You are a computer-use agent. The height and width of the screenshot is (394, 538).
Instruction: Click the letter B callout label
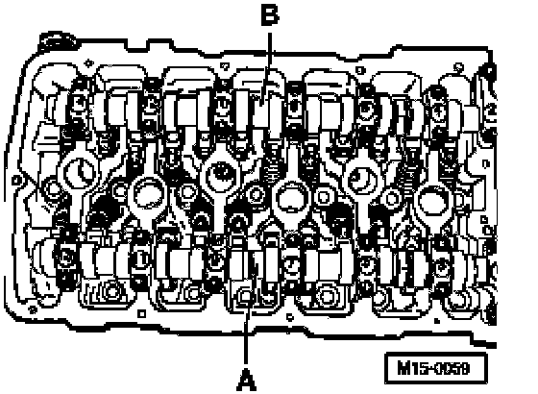[x=270, y=15]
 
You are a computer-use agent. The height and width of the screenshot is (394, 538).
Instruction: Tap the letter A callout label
[x=246, y=380]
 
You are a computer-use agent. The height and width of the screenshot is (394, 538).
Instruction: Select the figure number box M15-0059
[x=436, y=368]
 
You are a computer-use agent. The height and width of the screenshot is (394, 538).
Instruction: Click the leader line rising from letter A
[x=246, y=333]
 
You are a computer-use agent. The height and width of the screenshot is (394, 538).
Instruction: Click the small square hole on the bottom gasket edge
[x=141, y=313]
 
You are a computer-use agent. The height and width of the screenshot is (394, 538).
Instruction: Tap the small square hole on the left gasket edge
[x=15, y=180]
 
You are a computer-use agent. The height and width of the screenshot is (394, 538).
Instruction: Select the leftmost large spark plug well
[x=80, y=172]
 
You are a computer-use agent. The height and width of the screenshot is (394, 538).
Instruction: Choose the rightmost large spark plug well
[x=433, y=201]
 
